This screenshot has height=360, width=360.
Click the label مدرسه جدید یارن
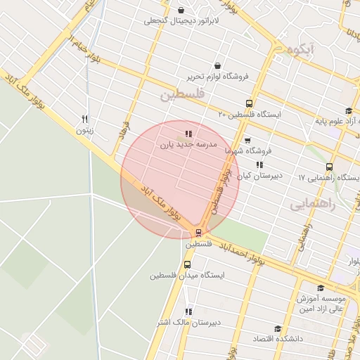pyautogui.click(x=187, y=144)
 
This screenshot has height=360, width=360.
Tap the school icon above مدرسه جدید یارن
pyautogui.click(x=188, y=134)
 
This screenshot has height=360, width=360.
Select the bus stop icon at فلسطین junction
pyautogui.click(x=198, y=233)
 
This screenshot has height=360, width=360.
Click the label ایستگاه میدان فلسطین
pyautogui.click(x=187, y=276)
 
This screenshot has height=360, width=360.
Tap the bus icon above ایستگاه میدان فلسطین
pyautogui.click(x=187, y=265)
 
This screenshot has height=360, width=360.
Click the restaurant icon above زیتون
pyautogui.click(x=85, y=119)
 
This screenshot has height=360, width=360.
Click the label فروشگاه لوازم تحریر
pyautogui.click(x=217, y=76)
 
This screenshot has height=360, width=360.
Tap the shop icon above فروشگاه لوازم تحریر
pyautogui.click(x=217, y=65)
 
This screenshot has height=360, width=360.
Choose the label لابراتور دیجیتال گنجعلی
pyautogui.click(x=182, y=20)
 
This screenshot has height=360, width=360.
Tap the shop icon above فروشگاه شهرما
pyautogui.click(x=247, y=140)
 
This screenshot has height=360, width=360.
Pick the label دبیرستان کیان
pyautogui.click(x=259, y=176)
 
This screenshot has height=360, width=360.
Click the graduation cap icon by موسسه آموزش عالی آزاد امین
pyautogui.click(x=321, y=288)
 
